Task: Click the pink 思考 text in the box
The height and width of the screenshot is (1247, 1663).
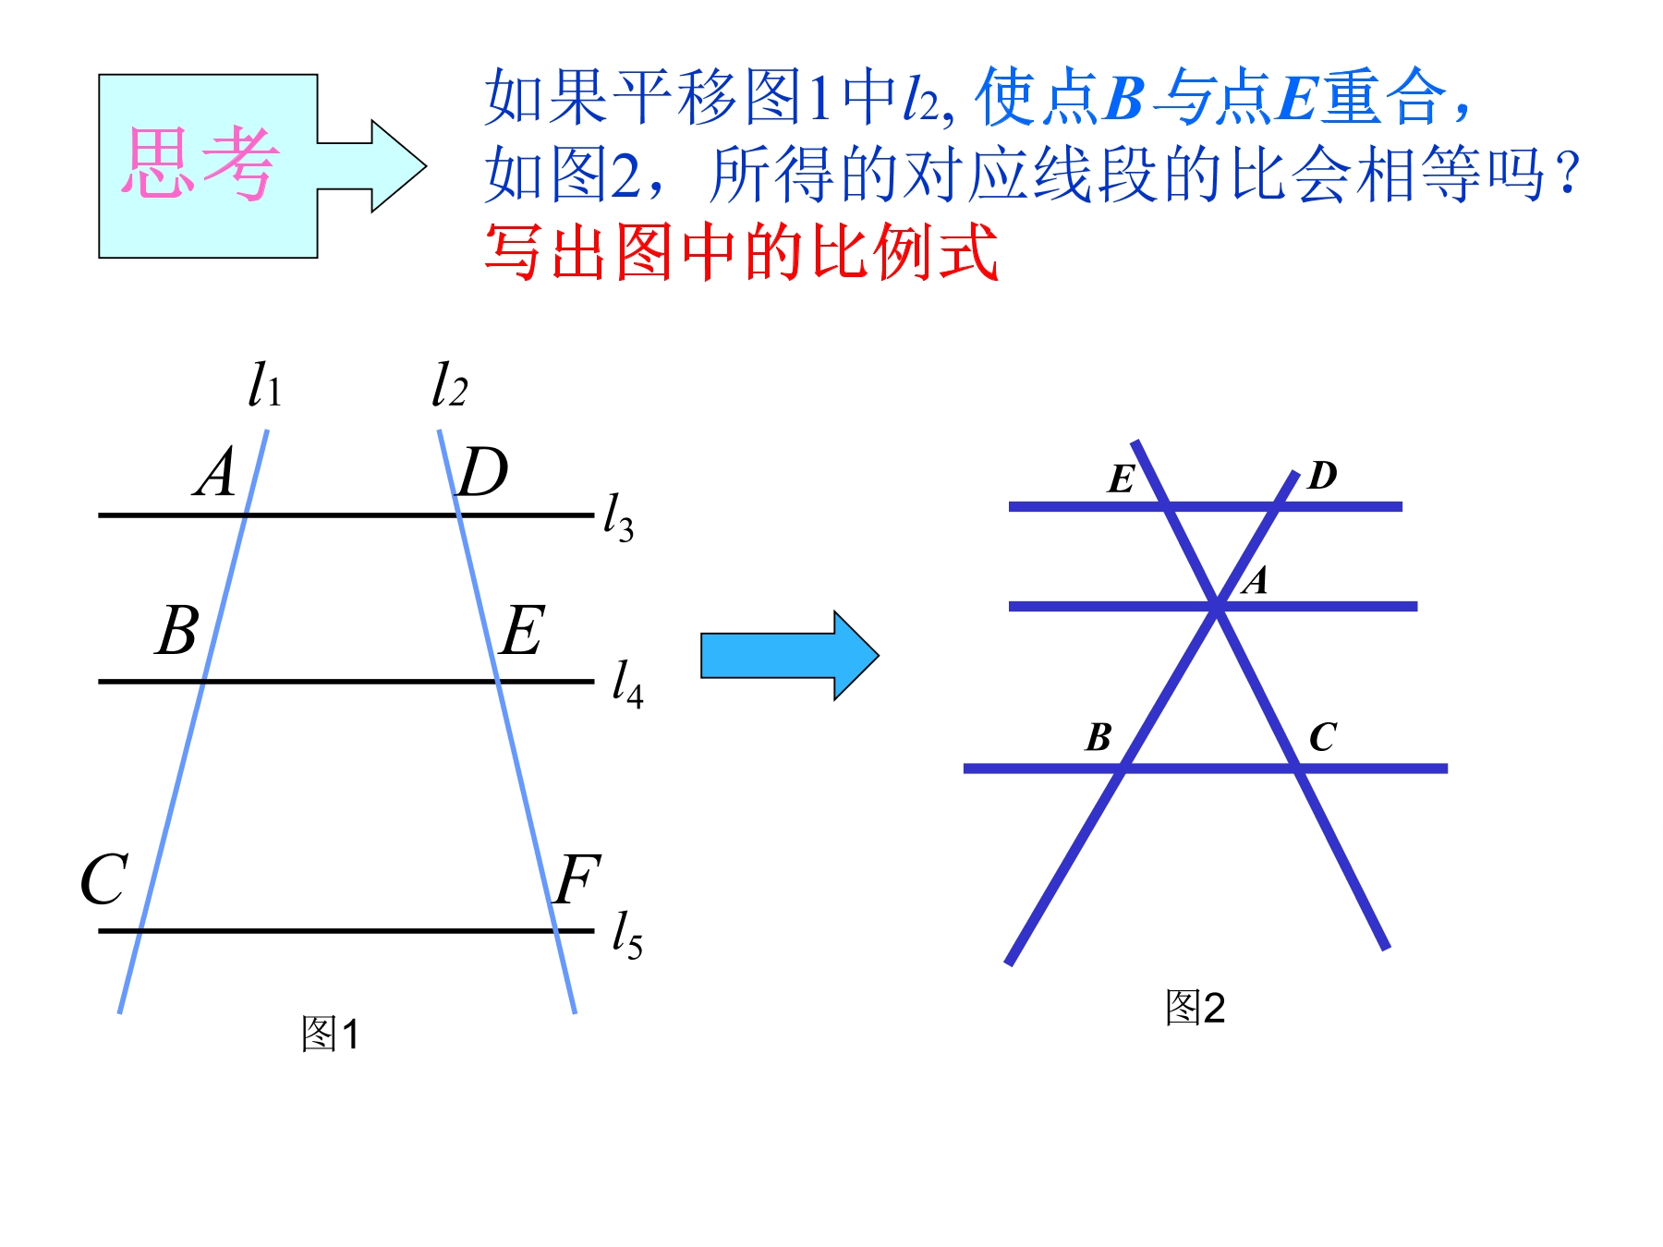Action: point(199,163)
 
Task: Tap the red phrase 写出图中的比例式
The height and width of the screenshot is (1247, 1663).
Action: point(742,251)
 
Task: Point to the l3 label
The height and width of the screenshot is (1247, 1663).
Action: point(618,517)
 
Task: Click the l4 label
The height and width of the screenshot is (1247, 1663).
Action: point(627,684)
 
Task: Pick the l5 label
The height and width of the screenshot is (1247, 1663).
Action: point(627,935)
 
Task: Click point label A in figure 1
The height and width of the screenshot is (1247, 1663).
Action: point(215,472)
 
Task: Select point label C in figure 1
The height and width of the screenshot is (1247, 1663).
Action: point(103,878)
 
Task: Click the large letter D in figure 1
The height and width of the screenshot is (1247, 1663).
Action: point(483,472)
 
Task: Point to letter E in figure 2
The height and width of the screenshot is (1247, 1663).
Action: point(1122,478)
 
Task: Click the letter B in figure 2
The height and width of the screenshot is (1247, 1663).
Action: point(1099,737)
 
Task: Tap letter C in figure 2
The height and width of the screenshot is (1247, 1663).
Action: point(1323,737)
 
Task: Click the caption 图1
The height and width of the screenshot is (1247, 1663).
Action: point(330,1034)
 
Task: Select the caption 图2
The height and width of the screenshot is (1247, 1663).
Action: point(1195,1007)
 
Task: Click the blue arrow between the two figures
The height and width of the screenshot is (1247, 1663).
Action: point(789,656)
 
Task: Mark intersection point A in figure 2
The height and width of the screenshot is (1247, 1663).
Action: point(1217,607)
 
